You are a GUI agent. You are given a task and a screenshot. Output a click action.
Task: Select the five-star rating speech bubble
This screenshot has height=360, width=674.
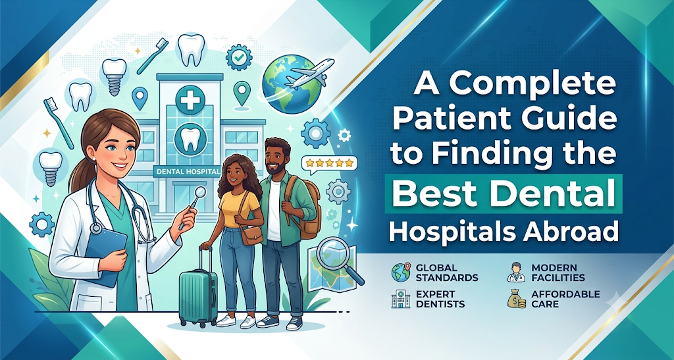(330, 164)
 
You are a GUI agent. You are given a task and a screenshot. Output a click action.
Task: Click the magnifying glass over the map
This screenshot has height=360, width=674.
(340, 261)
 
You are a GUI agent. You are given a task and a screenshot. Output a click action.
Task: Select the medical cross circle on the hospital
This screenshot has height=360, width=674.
(190, 99)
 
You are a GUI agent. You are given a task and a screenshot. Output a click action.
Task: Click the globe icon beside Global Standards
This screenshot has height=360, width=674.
(401, 272)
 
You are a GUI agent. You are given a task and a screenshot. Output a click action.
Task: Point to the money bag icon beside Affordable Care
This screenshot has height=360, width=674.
(516, 299)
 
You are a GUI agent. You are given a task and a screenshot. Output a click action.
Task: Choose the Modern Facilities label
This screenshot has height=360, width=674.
(558, 272)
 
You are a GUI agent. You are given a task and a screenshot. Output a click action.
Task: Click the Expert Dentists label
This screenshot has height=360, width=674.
(440, 299)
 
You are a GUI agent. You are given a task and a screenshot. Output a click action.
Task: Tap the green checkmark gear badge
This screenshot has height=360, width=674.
(238, 57)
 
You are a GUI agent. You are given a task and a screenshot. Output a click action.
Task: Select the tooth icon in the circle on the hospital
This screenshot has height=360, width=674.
(190, 138)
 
